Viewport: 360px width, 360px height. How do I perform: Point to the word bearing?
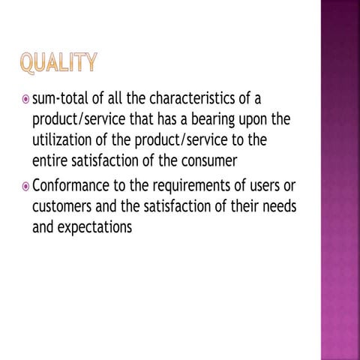click(x=223, y=120)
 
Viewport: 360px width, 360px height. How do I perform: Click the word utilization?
click(x=61, y=139)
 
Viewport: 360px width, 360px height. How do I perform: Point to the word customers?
click(x=64, y=205)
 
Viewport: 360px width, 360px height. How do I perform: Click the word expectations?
click(x=97, y=226)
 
